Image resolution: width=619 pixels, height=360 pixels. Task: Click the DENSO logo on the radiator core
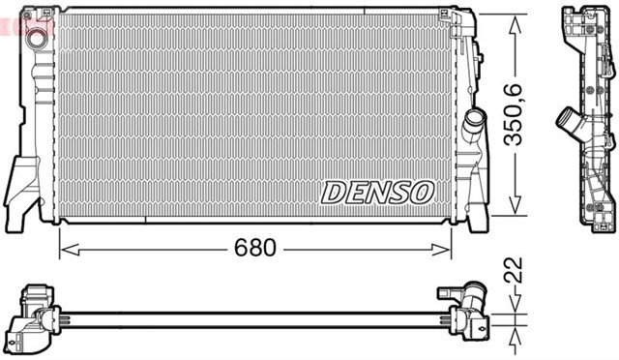377,192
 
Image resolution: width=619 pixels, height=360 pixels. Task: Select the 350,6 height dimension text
516,114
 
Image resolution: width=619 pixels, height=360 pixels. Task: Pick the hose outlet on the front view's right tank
475,125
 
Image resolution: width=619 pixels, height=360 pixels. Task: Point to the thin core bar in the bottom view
251,315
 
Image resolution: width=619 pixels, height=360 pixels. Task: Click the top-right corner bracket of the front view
455,17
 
